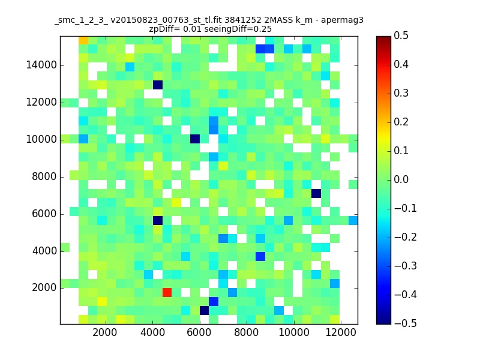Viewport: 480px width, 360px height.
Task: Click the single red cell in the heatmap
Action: [167, 292]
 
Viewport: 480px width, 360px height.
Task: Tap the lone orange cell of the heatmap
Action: [83, 40]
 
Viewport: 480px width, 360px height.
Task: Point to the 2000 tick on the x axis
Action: [104, 332]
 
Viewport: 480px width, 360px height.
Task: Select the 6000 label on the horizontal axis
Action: [199, 332]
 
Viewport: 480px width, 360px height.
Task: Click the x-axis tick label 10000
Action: [293, 332]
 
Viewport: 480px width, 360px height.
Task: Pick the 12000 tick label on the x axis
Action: [341, 332]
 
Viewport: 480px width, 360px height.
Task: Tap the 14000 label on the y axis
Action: [41, 65]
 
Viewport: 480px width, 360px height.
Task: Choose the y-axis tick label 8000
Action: [44, 176]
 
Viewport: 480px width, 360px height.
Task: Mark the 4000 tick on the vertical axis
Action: [44, 251]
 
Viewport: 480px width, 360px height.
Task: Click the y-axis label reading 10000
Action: [41, 140]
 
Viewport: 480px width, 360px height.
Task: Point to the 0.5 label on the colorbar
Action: [401, 35]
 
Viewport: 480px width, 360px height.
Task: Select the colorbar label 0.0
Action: [401, 179]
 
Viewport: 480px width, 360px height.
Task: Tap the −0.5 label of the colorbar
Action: [406, 323]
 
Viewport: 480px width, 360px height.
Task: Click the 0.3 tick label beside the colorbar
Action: [401, 93]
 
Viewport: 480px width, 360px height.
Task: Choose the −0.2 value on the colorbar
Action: [406, 237]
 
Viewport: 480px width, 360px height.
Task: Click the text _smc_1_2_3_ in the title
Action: [81, 21]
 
